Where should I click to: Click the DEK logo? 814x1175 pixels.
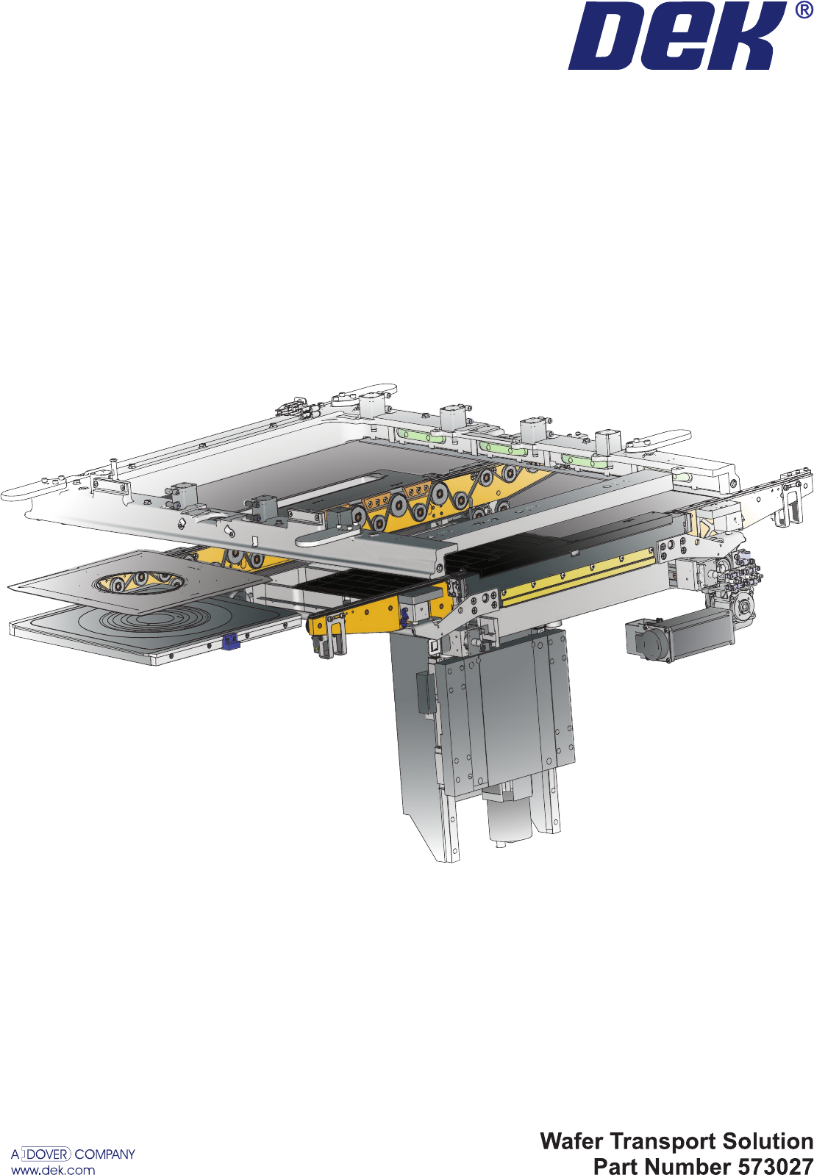click(x=677, y=36)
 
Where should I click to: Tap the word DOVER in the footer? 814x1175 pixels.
click(x=48, y=1154)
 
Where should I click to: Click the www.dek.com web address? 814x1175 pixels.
click(x=53, y=1169)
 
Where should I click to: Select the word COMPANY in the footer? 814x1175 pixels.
click(x=105, y=1154)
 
